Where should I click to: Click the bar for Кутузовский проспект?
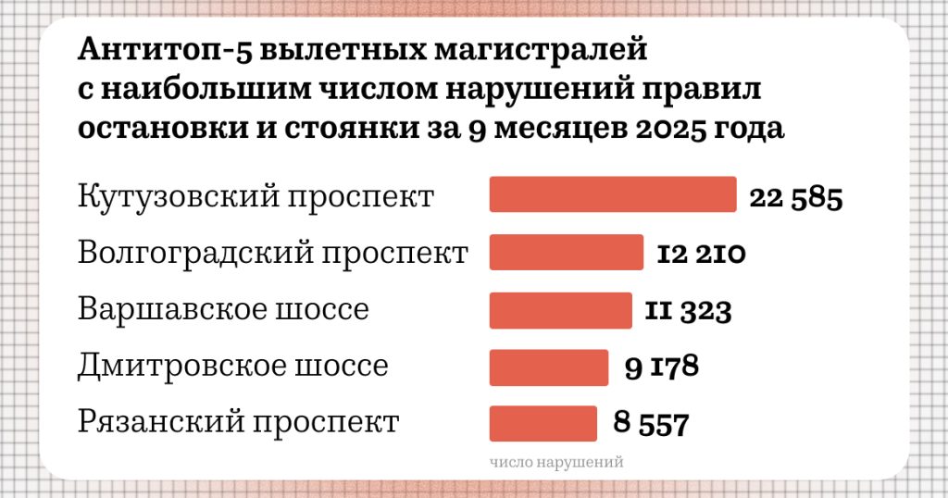point(613,194)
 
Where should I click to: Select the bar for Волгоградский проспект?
point(566,253)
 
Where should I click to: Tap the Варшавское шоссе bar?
point(559,310)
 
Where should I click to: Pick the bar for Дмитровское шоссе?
point(548,367)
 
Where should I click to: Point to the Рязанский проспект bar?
point(543,423)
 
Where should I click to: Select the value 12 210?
point(701,254)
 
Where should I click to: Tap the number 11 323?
point(688,311)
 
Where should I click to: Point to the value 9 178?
point(660,367)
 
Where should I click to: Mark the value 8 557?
point(651,425)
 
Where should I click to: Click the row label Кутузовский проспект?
point(256,197)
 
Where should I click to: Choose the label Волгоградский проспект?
point(273,253)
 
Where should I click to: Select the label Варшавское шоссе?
point(223,309)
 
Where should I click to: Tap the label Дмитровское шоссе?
point(232,367)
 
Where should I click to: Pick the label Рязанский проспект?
point(238,423)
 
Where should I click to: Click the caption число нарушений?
point(556,460)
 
